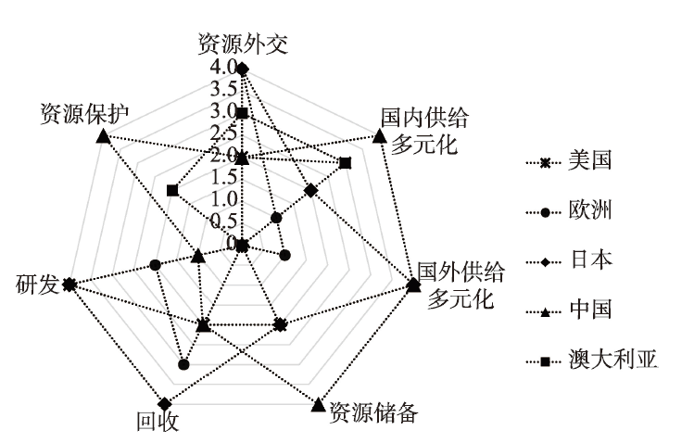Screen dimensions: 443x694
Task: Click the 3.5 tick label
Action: point(221,89)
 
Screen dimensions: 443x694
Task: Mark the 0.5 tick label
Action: point(221,221)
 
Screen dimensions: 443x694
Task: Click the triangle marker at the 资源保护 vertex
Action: point(103,138)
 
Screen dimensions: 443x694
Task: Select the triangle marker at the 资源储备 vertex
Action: point(318,404)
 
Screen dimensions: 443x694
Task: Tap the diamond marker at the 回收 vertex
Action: point(165,403)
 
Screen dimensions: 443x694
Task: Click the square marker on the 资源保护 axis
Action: point(172,190)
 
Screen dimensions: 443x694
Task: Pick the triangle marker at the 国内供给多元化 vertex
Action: point(379,136)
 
